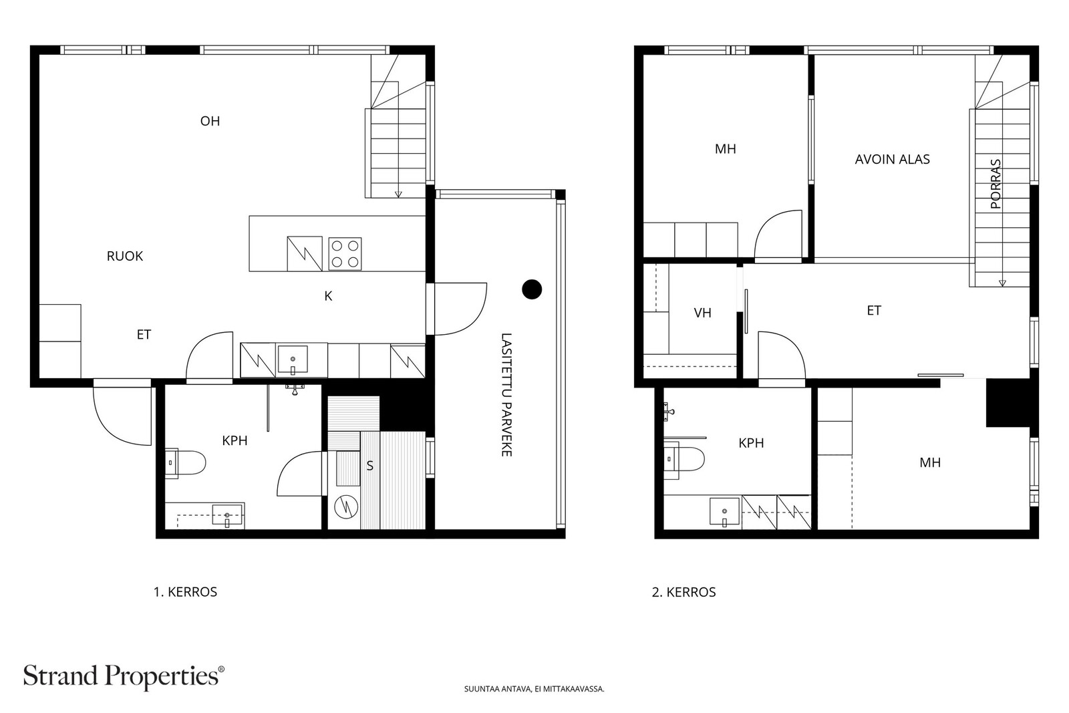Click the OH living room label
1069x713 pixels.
coord(210,121)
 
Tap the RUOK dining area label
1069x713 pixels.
coord(124,257)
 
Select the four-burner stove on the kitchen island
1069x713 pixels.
coord(345,254)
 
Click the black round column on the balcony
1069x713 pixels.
coord(532,289)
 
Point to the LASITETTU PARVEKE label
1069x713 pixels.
coord(506,395)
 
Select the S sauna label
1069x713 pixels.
coord(370,466)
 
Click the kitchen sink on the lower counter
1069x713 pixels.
coord(293,360)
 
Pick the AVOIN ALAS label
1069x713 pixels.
coord(892,160)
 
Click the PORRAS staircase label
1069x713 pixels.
coord(996,184)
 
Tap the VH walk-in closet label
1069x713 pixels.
coord(702,313)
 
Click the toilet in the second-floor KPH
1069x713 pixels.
coord(684,460)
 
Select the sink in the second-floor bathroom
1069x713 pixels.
coord(724,512)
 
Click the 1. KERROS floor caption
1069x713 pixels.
coord(185,592)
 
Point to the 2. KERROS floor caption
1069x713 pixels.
coord(684,592)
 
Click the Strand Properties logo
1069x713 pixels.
coord(124,677)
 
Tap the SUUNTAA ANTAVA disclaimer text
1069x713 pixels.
coord(534,689)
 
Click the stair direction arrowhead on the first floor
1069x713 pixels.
coord(398,194)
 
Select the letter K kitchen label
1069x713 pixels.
coord(328,297)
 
